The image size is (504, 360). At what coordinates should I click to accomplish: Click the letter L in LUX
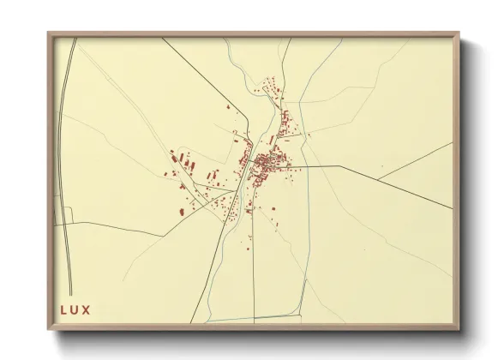coord(63,310)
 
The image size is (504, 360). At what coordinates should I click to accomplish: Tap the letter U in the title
coord(75,310)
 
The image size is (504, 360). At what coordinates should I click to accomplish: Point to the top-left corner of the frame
coord(48,33)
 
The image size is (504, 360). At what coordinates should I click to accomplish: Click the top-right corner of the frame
coord(460,33)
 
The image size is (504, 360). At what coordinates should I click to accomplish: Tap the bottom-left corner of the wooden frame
coord(48,328)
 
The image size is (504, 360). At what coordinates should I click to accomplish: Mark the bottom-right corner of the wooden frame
coord(460,328)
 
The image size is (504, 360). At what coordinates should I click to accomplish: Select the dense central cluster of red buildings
coord(267,163)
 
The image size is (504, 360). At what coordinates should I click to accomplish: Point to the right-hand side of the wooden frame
coord(457,180)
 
